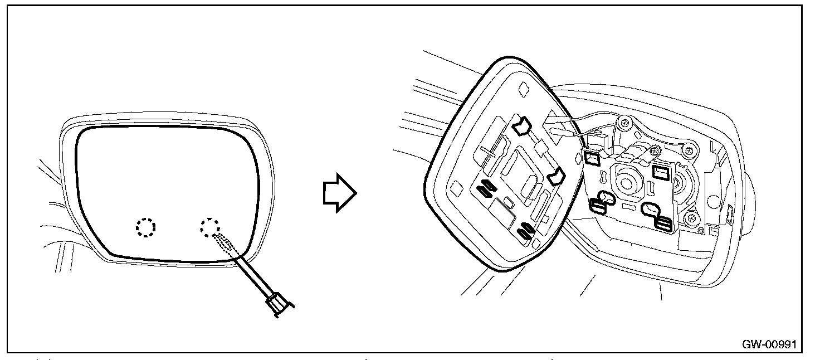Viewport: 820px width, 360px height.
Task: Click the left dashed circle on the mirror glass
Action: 146,227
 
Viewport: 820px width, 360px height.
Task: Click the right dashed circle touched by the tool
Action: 210,227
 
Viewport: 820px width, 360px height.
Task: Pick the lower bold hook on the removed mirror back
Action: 557,178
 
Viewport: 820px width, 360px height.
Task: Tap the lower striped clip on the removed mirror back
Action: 526,229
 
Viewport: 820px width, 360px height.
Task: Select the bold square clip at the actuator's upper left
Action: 591,158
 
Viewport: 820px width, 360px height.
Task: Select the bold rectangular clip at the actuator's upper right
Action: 662,171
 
